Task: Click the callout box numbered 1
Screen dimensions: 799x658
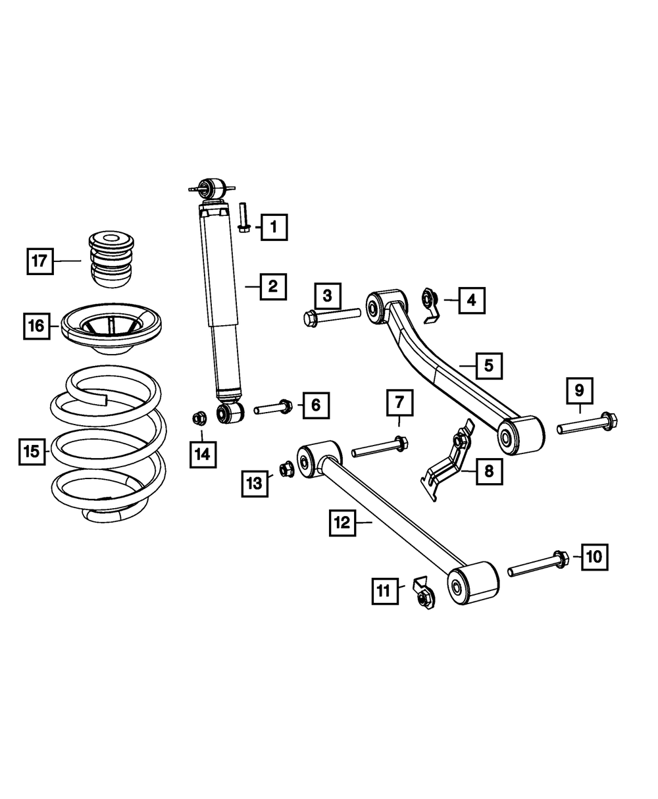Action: tap(273, 228)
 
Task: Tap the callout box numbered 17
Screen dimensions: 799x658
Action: tap(40, 261)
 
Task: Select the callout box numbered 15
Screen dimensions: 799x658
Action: tap(32, 451)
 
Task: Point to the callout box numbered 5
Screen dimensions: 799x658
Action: tap(489, 365)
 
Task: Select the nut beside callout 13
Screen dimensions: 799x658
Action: tap(286, 469)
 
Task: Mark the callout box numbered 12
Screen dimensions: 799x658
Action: tap(343, 524)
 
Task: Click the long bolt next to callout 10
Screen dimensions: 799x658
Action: tap(538, 564)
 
